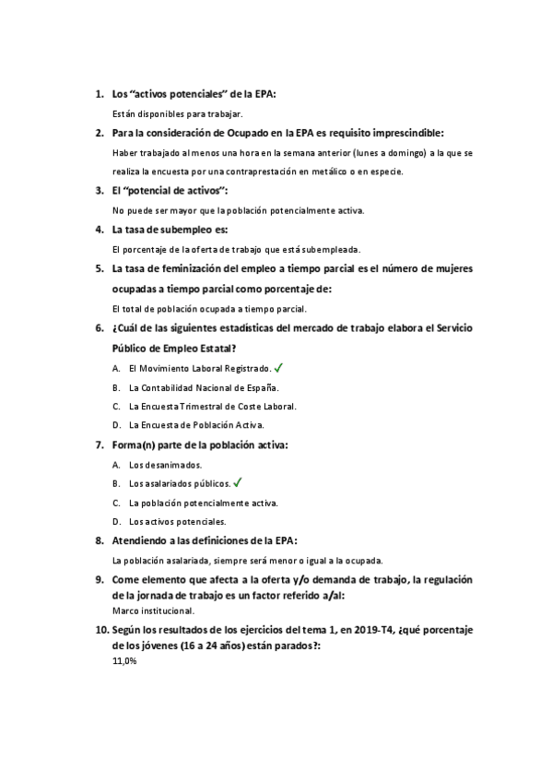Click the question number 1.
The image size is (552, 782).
99,94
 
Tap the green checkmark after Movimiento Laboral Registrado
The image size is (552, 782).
279,367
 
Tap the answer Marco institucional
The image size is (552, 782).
153,610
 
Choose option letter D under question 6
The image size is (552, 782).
116,425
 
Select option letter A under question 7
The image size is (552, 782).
116,465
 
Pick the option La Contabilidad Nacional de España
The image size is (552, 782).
204,387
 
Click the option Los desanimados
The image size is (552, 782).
166,465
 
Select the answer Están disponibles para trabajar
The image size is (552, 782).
177,113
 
